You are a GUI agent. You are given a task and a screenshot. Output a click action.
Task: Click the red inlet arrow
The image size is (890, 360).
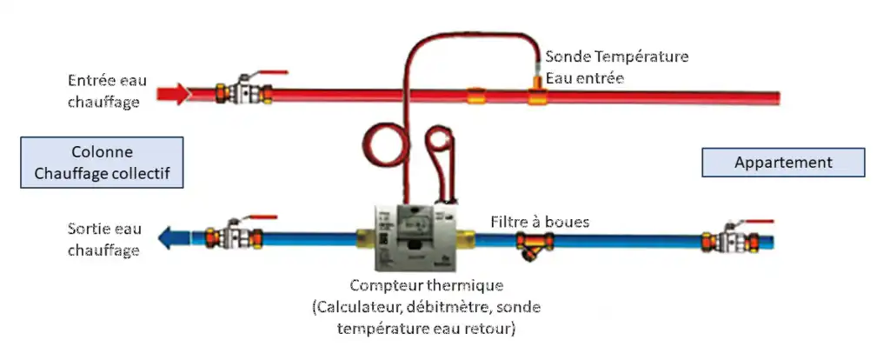tap(173, 94)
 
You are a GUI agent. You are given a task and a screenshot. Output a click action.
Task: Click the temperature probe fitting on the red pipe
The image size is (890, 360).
tap(535, 90)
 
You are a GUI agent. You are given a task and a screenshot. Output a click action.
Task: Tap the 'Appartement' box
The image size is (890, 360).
tap(783, 163)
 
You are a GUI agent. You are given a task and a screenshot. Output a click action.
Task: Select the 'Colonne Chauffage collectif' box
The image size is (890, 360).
tap(103, 163)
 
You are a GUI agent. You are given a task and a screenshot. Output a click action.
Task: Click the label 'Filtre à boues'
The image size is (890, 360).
tap(540, 222)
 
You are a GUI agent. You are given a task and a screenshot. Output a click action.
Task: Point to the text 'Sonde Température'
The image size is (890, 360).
tap(617, 57)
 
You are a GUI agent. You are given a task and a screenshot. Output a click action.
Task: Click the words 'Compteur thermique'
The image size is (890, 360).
tap(426, 284)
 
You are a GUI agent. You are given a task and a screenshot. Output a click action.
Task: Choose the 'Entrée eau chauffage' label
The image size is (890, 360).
tap(107, 90)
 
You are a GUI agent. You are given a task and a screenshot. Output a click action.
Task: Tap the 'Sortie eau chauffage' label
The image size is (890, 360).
tap(104, 239)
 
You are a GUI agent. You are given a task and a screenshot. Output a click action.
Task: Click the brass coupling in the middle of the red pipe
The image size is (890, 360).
tap(475, 96)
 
